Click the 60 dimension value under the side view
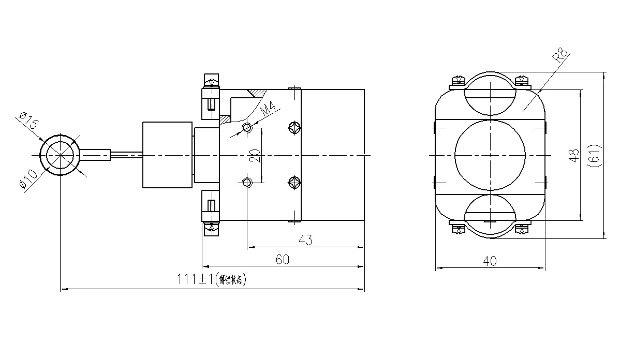[280, 260]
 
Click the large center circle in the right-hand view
[490, 155]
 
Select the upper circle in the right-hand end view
[490, 94]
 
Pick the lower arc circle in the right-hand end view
[490, 216]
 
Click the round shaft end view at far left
[61, 155]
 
